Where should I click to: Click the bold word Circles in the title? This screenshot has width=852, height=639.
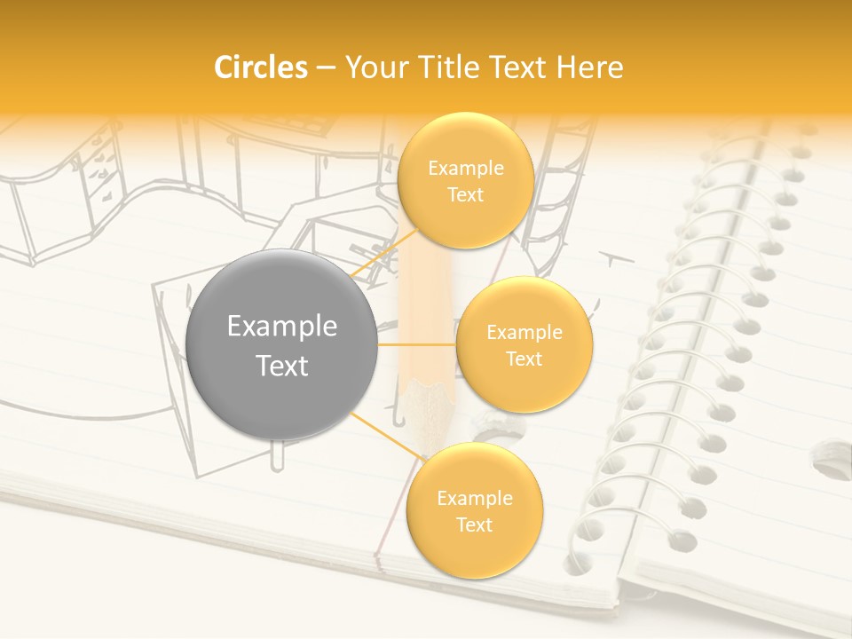[x=261, y=67]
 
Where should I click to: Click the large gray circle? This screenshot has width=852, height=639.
[x=282, y=344]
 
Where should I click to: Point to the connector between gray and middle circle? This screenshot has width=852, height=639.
[x=417, y=344]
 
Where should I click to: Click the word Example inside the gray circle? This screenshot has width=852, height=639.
[x=282, y=326]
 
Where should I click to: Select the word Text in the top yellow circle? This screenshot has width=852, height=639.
[x=465, y=194]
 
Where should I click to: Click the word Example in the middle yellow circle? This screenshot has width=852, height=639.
[x=525, y=332]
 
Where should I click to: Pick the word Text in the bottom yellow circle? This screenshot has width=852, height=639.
[x=474, y=525]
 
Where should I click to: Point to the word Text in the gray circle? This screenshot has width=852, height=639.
[x=282, y=366]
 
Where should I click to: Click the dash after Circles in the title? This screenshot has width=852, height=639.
[x=326, y=67]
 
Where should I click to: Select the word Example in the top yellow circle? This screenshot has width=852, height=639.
[x=466, y=168]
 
